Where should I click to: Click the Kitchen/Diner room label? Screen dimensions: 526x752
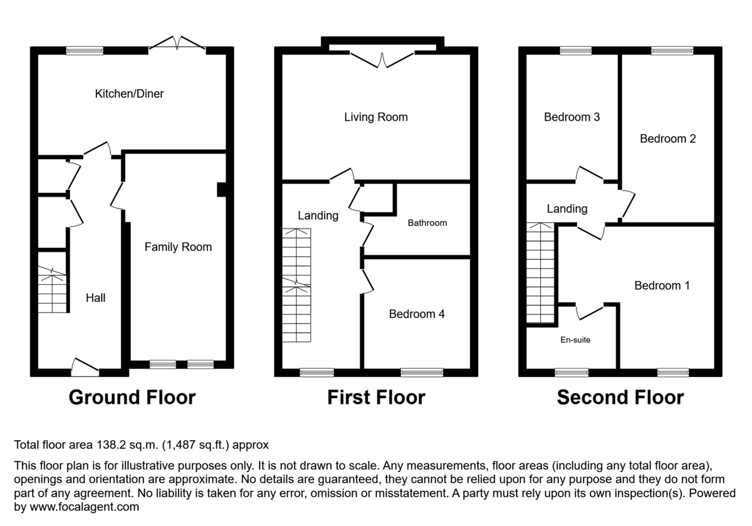click(129, 94)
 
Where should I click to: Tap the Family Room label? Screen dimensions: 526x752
click(178, 247)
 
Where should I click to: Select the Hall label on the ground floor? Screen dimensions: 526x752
click(95, 298)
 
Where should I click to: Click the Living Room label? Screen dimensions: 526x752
click(375, 117)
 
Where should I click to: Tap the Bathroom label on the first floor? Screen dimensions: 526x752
click(427, 223)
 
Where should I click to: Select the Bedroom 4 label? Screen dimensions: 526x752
click(417, 314)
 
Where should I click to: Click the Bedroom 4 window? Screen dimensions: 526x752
click(417, 373)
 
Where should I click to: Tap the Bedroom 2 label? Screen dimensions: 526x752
click(667, 139)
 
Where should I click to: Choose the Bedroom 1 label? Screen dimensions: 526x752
click(662, 286)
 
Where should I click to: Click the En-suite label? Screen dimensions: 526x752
click(575, 340)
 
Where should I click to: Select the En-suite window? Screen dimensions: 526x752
click(571, 373)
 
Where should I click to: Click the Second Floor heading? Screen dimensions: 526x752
click(620, 398)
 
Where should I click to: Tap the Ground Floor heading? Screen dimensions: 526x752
click(132, 398)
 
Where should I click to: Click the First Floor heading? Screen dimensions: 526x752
click(376, 398)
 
